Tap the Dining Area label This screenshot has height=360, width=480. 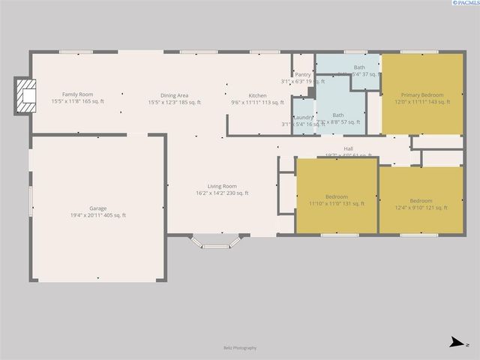173,95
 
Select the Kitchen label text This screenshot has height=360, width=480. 257,95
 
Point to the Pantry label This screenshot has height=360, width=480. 303,74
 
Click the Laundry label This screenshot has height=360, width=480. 303,118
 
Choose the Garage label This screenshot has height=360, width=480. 97,208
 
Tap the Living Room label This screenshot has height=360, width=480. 222,186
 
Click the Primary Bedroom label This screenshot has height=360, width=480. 421,95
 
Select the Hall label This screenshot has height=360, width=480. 349,148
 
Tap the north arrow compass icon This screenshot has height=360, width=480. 455,343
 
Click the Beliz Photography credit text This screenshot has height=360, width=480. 240,347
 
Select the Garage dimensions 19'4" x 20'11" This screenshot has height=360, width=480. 97,215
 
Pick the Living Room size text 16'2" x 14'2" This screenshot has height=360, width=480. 222,193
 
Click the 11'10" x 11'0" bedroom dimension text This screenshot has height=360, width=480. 336,203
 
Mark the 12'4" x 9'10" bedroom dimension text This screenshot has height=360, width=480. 420,208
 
